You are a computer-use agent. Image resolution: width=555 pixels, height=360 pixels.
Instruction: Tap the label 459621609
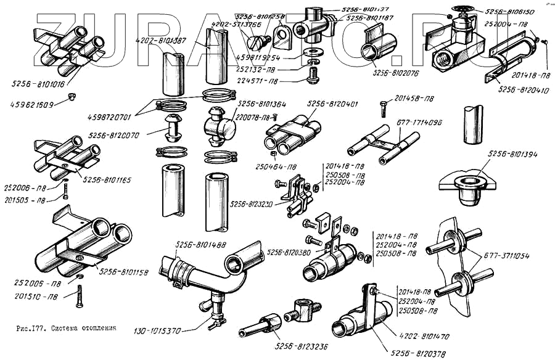pos(30,105)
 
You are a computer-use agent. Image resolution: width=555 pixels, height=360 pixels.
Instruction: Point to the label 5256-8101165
pos(108,180)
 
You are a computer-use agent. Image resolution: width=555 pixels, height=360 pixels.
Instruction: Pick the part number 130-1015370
pos(157,331)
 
